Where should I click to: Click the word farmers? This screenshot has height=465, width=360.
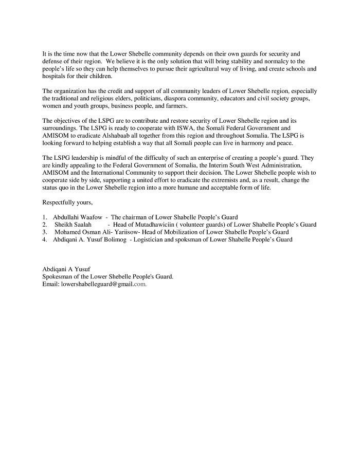(176, 106)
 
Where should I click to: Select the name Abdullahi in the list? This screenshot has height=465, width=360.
(66, 217)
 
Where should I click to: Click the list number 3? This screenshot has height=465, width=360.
(45, 232)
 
